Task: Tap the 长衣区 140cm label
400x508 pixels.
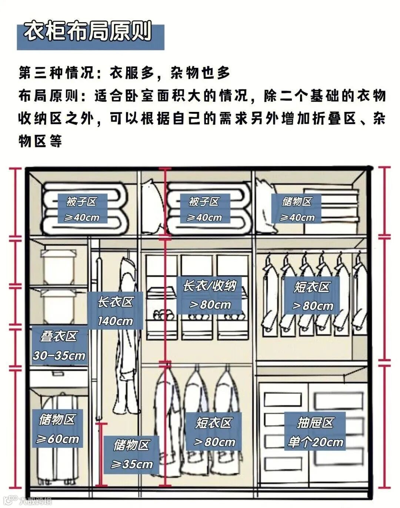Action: pos(115,311)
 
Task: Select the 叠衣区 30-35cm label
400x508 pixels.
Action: pos(59,346)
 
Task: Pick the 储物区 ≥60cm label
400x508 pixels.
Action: pos(57,429)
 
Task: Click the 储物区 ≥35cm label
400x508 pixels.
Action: pos(132,454)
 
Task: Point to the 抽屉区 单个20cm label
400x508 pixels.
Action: pos(315,432)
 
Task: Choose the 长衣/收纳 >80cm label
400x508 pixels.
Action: pos(210,295)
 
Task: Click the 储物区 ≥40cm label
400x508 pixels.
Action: pos(296,209)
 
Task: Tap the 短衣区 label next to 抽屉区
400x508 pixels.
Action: pos(214,432)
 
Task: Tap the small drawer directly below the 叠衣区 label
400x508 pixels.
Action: pos(59,377)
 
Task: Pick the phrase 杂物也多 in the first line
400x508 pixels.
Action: pos(200,73)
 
